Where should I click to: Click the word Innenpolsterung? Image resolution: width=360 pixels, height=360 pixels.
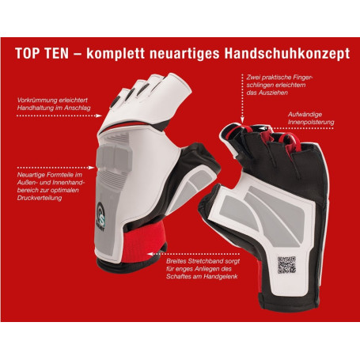click(312, 123)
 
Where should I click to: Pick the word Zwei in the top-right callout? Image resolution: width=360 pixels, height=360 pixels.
click(252, 78)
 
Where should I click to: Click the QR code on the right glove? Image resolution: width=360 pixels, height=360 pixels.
click(286, 265)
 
